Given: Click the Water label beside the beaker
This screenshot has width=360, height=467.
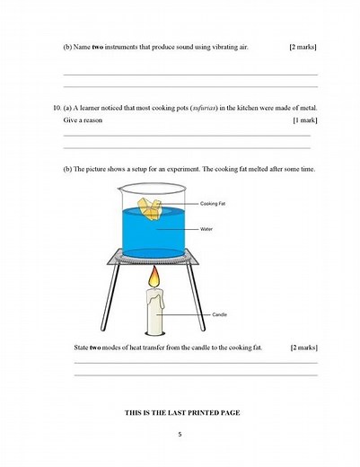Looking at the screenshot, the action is [206, 228].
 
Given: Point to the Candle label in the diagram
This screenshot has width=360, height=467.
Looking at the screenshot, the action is [219, 314].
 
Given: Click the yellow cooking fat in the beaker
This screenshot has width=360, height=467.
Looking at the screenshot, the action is [154, 207].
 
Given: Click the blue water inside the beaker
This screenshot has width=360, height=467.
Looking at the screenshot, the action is [153, 235].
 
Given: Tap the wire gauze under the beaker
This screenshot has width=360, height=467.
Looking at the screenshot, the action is [156, 260].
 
